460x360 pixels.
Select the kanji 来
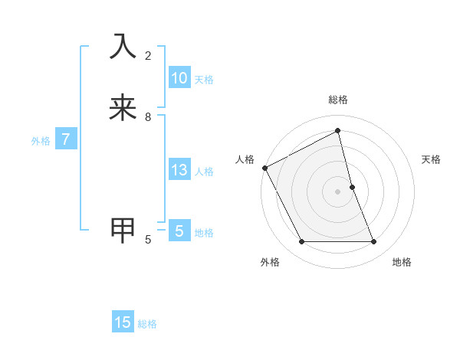[123, 107]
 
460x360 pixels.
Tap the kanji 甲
[123, 230]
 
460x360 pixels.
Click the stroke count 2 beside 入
[148, 56]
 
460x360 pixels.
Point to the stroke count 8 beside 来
[148, 117]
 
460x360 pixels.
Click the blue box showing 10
[179, 78]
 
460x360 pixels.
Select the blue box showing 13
[179, 170]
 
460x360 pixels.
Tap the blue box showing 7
[66, 140]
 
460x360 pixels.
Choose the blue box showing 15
[123, 322]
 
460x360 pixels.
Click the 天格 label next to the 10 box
[204, 80]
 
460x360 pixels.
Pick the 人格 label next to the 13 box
[205, 172]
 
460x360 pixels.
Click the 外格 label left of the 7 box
[41, 141]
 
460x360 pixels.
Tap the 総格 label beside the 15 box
[147, 324]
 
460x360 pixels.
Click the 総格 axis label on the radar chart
[338, 100]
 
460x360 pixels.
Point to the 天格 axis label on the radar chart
[432, 159]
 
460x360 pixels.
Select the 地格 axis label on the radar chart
[402, 262]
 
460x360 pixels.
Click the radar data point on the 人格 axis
[264, 168]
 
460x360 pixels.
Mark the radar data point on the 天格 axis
[352, 187]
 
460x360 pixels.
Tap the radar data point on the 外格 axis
[302, 242]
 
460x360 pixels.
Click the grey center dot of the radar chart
[338, 191]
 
